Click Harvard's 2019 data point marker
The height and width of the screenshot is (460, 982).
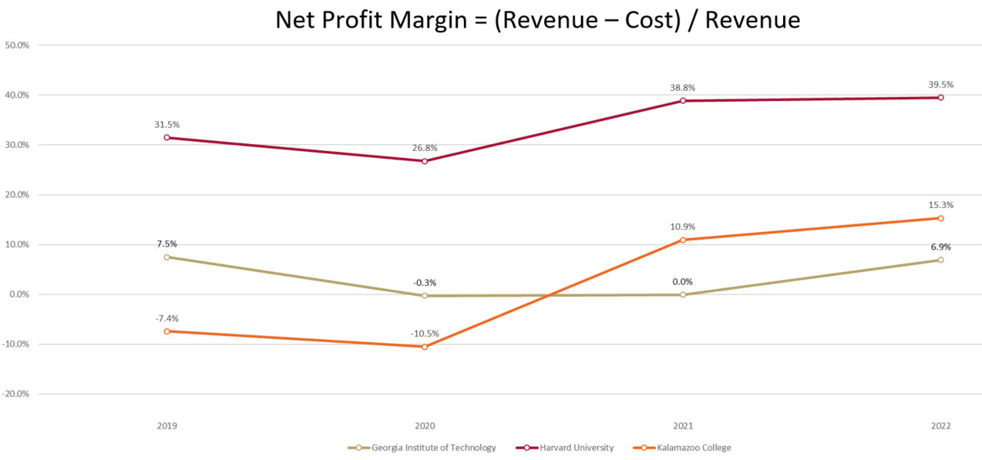(166, 137)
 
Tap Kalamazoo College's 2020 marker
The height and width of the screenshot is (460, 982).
(424, 347)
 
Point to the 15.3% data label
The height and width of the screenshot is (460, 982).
(940, 205)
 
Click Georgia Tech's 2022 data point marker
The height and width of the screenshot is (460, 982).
(940, 260)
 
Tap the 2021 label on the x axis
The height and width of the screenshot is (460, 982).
(682, 426)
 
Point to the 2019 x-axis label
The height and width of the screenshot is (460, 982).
(166, 426)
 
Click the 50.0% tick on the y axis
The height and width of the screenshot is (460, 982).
(17, 45)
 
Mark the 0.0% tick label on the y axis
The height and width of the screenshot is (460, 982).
(17, 294)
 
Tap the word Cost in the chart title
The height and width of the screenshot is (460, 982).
(647, 20)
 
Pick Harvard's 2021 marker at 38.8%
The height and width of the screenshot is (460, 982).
(682, 101)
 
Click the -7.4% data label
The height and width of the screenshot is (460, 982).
(166, 318)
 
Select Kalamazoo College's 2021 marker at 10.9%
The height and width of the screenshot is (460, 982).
(682, 240)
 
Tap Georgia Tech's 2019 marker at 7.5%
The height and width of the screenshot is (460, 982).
(166, 257)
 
